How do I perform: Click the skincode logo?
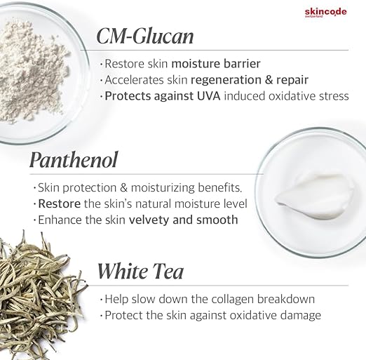click(325, 13)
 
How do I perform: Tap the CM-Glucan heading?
click(145, 36)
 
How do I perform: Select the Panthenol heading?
click(74, 160)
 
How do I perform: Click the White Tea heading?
click(140, 271)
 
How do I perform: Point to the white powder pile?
click(33, 70)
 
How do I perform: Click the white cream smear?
click(314, 196)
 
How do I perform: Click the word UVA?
click(209, 96)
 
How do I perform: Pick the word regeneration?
click(226, 80)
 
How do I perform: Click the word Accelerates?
click(134, 80)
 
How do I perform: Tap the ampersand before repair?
click(269, 80)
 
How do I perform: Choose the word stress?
click(334, 96)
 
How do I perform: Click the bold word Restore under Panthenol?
click(60, 204)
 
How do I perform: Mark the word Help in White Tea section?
click(116, 299)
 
